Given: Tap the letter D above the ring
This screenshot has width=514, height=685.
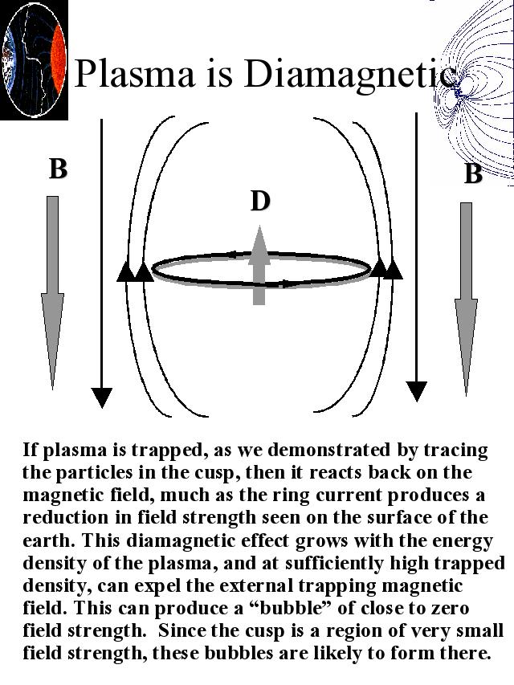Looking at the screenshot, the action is (260, 202).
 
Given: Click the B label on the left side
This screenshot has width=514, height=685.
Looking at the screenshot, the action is (58, 169).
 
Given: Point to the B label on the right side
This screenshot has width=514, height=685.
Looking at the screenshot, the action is (473, 173).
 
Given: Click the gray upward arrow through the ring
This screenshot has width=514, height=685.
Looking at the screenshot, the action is (259, 265).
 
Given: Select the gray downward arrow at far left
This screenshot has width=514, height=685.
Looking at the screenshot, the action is (52, 292).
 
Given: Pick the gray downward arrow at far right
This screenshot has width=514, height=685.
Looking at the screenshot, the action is (467, 299).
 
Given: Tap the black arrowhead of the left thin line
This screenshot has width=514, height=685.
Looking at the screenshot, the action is (101, 398).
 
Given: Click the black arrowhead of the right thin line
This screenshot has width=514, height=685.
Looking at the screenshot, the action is (416, 391).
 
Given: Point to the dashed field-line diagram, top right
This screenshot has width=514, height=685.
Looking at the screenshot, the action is (474, 92).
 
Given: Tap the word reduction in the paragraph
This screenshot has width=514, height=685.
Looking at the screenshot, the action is (66, 517).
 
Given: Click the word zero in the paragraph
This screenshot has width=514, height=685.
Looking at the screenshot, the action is (451, 608).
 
